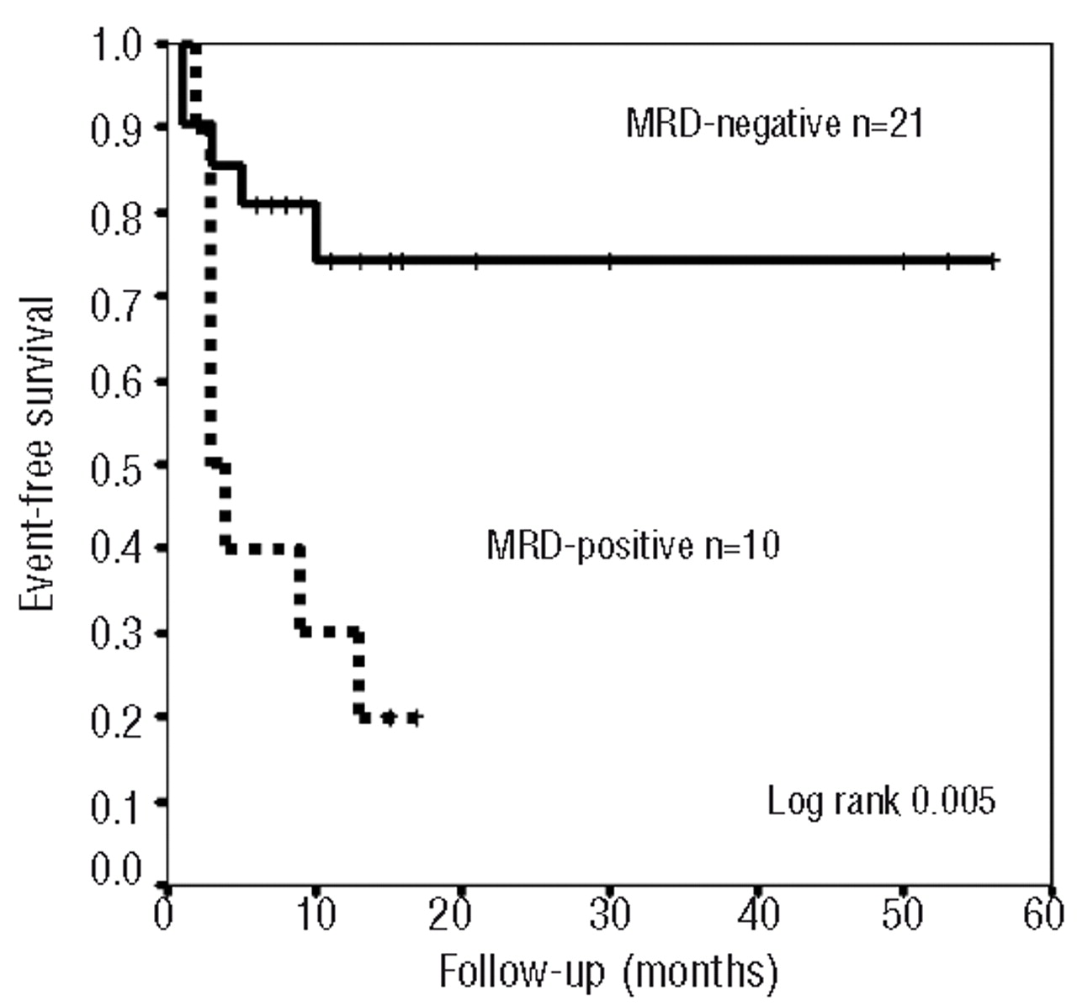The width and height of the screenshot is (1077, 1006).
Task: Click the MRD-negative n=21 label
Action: [774, 124]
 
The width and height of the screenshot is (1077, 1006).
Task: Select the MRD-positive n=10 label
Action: [633, 548]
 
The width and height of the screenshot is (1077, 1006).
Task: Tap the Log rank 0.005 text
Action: [880, 800]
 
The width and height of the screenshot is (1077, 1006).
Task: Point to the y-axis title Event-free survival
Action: [37, 454]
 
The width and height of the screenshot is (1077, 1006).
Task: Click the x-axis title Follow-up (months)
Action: [608, 972]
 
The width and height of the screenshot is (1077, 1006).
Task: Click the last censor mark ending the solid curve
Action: [993, 261]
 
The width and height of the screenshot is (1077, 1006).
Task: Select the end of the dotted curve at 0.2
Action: [414, 717]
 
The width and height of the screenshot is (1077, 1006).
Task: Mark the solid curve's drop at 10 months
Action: [316, 232]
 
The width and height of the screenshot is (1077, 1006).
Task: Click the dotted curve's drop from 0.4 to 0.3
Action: [299, 589]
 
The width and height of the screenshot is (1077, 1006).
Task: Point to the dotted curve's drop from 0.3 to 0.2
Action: [359, 673]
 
